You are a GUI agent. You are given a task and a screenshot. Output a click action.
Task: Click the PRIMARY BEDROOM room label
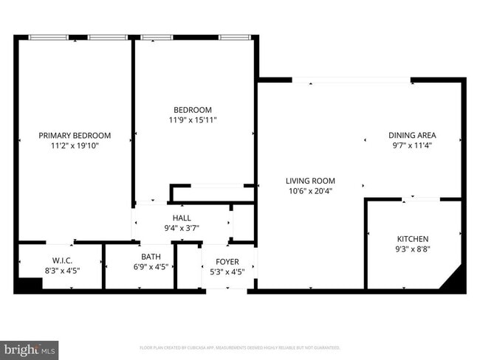click(75, 135)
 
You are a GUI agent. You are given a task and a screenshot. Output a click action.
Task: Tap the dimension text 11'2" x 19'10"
click(75, 146)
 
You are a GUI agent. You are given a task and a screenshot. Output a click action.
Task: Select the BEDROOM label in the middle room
click(193, 110)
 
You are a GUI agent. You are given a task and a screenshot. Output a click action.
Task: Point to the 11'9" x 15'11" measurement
click(193, 120)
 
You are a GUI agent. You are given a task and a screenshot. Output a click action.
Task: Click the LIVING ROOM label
click(311, 181)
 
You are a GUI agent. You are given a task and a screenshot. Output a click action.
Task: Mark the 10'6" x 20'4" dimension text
click(311, 191)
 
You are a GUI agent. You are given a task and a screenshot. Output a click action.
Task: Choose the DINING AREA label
click(412, 135)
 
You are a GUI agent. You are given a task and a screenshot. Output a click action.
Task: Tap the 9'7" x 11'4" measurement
click(412, 146)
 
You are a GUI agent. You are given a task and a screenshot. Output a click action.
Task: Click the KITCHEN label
click(412, 239)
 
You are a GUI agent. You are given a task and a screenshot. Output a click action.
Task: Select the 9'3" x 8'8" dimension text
click(412, 250)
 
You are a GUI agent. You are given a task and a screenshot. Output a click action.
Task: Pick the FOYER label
click(227, 262)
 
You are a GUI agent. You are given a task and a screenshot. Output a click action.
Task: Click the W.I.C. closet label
click(62, 260)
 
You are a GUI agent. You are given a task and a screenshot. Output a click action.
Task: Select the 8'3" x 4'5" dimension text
click(62, 271)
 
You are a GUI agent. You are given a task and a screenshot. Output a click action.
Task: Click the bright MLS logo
click(30, 347)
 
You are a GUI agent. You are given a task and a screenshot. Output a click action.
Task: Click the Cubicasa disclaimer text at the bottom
click(239, 347)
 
